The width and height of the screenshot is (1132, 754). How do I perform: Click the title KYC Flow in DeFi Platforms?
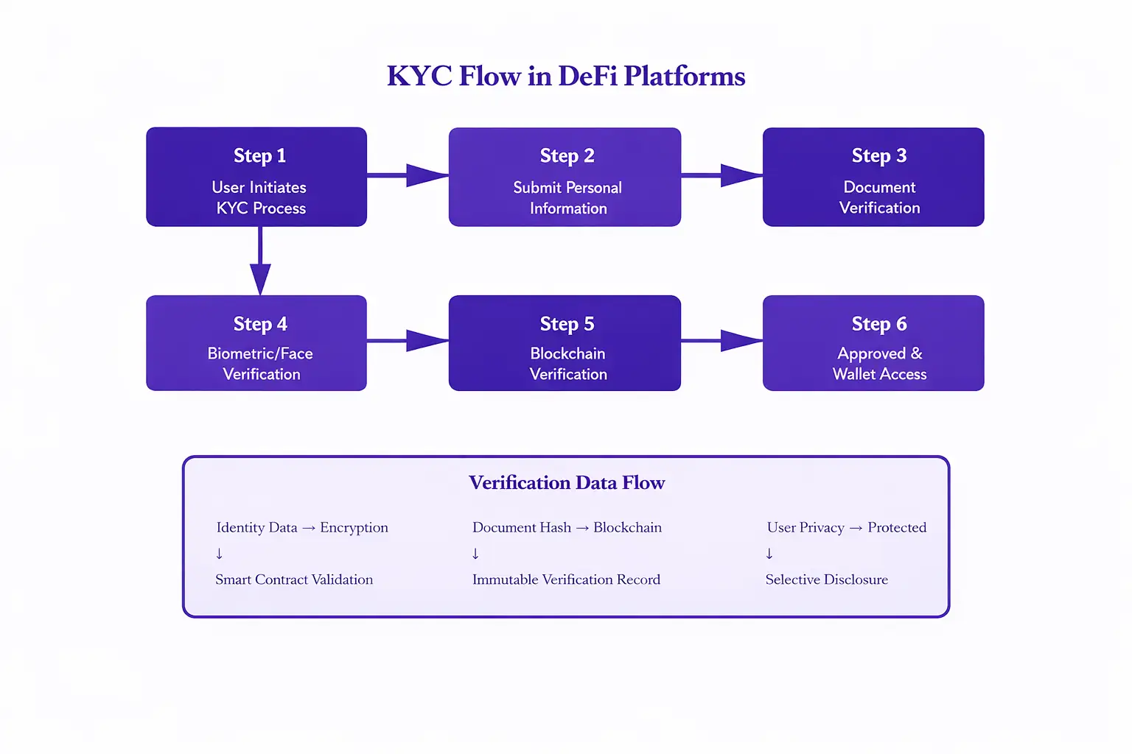click(x=566, y=76)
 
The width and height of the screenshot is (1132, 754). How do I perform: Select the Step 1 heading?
click(x=259, y=155)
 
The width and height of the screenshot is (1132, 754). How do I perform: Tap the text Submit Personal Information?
click(x=567, y=198)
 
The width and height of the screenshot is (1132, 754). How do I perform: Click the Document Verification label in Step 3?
click(x=879, y=197)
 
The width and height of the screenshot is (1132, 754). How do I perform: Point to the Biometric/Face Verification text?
click(x=261, y=364)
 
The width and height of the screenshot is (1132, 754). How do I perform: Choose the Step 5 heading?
click(x=567, y=324)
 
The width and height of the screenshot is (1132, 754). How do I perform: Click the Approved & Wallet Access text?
click(x=879, y=364)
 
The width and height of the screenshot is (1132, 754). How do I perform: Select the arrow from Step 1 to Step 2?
click(x=409, y=175)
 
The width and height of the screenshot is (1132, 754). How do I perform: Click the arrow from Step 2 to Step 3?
click(x=723, y=175)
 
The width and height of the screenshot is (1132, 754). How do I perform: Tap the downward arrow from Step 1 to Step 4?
click(x=260, y=261)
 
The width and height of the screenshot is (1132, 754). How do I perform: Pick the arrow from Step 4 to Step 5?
click(x=409, y=341)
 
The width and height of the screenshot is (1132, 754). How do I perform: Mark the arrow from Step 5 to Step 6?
click(x=723, y=341)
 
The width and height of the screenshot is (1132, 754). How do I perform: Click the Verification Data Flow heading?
click(x=567, y=482)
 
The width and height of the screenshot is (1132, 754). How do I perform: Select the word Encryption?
click(x=354, y=528)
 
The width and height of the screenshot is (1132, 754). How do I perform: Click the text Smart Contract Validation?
click(x=294, y=579)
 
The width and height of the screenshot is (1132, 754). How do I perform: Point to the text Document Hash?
click(x=522, y=527)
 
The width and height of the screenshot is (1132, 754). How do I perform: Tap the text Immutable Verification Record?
click(x=566, y=579)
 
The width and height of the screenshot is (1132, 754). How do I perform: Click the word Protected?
click(x=897, y=527)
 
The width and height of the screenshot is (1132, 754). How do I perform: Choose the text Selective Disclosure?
click(x=826, y=579)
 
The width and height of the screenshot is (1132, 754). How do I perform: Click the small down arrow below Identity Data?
click(x=219, y=554)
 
